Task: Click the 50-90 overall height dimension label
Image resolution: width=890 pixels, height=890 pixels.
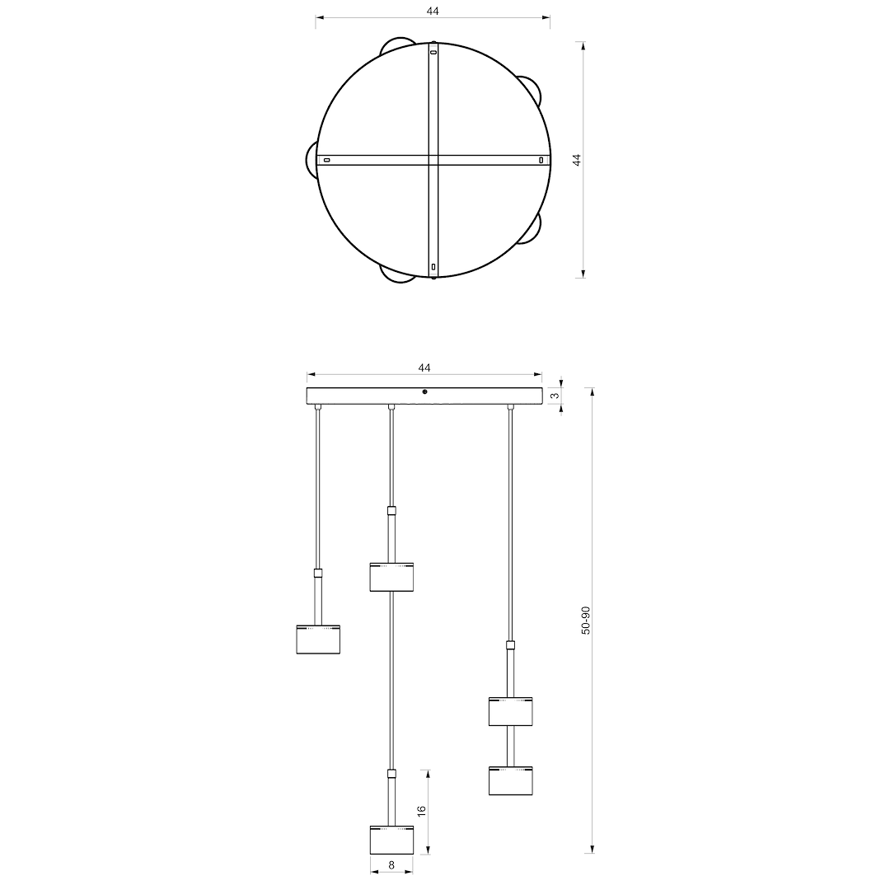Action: (586, 620)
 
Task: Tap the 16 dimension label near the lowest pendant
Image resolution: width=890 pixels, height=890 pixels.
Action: (422, 811)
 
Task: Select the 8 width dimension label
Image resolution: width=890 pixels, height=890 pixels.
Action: (391, 865)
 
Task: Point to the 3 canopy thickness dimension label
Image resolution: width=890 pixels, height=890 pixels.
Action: (555, 396)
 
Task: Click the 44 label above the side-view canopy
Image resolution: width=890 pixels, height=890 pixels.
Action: (424, 368)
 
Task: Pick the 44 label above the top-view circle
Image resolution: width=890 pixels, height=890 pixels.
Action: (433, 11)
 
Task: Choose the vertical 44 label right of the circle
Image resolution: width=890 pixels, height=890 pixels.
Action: (577, 160)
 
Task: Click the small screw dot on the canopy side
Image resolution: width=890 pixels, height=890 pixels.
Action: (424, 391)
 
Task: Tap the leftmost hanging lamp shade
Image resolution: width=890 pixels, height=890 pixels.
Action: (318, 639)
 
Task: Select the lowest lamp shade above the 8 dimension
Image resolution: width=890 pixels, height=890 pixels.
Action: (391, 840)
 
